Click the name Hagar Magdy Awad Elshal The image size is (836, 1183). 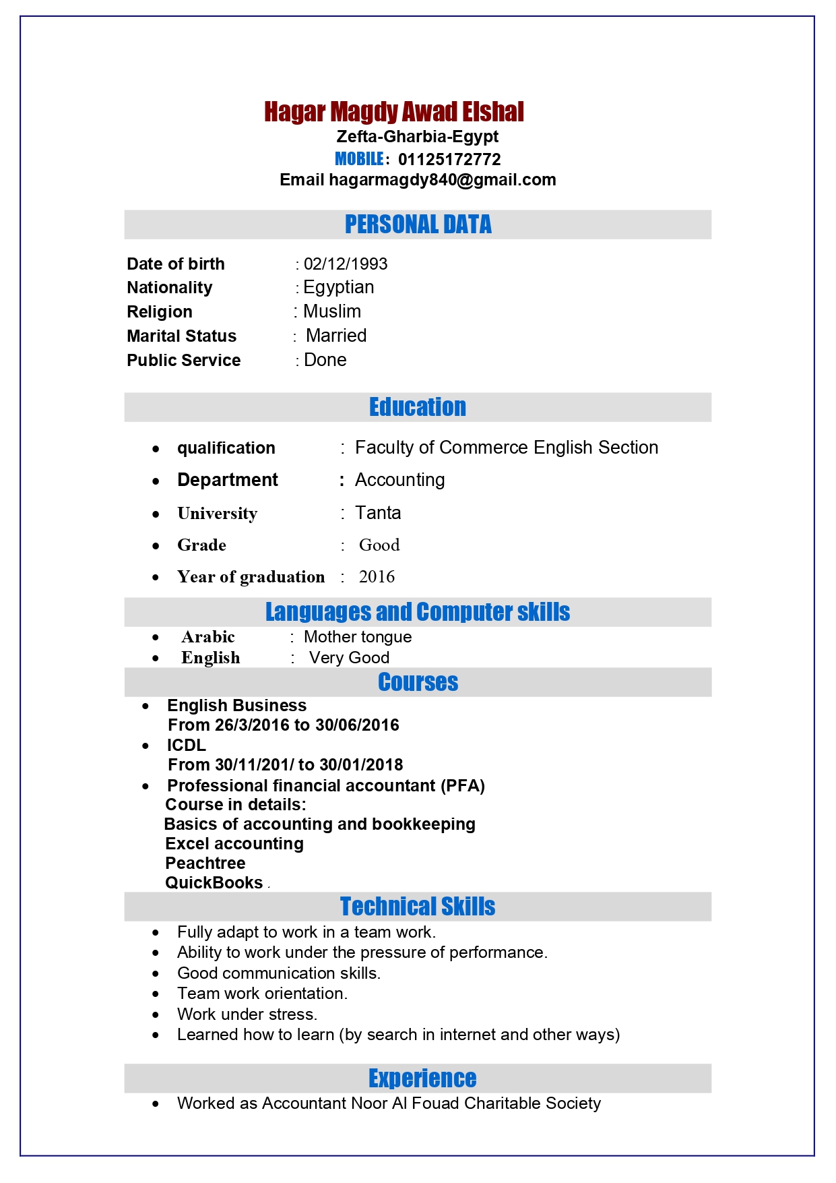click(x=393, y=112)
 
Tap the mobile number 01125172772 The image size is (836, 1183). click(x=449, y=160)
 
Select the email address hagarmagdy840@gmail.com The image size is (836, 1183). click(x=442, y=180)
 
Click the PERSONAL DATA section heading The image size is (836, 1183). click(x=418, y=224)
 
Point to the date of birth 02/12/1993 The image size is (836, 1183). click(x=345, y=264)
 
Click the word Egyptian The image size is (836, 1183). click(x=338, y=287)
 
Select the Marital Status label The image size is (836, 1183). click(x=181, y=336)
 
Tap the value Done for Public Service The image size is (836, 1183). click(x=325, y=360)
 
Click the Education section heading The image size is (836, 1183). click(x=418, y=407)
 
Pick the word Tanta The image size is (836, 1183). click(x=378, y=513)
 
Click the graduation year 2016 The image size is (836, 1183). click(x=377, y=576)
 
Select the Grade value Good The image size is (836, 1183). click(x=379, y=545)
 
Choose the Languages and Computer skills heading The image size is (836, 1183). click(x=418, y=612)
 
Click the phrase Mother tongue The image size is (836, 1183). click(x=358, y=637)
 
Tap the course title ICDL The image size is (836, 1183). click(x=187, y=745)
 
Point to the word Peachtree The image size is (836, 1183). click(x=205, y=863)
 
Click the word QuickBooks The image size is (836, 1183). click(x=214, y=882)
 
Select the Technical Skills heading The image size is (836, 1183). click(x=418, y=907)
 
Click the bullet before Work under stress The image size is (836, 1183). click(x=156, y=1014)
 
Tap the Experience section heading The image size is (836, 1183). click(x=422, y=1079)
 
